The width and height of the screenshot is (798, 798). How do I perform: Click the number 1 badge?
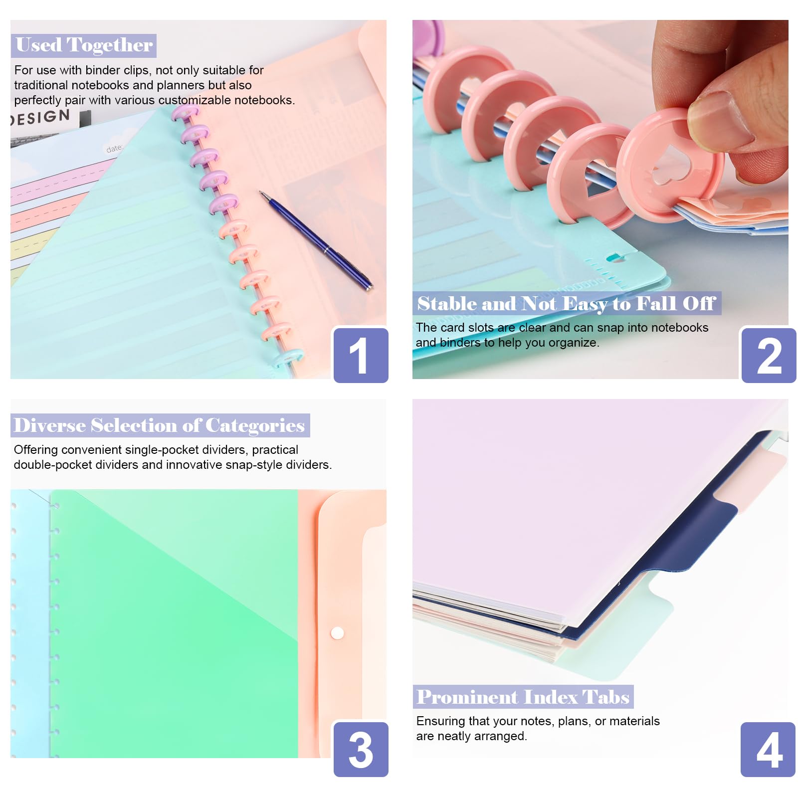[361, 355]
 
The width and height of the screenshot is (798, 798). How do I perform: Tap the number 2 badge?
[769, 355]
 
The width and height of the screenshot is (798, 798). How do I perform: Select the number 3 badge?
[361, 749]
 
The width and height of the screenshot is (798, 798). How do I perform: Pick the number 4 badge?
[768, 749]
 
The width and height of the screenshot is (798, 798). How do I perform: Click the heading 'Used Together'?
[84, 45]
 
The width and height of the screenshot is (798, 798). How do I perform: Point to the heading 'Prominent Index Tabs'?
[523, 697]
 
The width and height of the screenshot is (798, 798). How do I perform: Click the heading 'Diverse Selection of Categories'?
[160, 425]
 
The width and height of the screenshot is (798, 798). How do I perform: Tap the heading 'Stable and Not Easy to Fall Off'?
[567, 303]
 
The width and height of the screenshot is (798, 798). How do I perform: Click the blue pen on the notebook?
[316, 240]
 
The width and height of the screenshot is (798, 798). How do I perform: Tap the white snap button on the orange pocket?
[337, 633]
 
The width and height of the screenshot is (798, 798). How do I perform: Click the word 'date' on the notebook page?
[114, 149]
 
